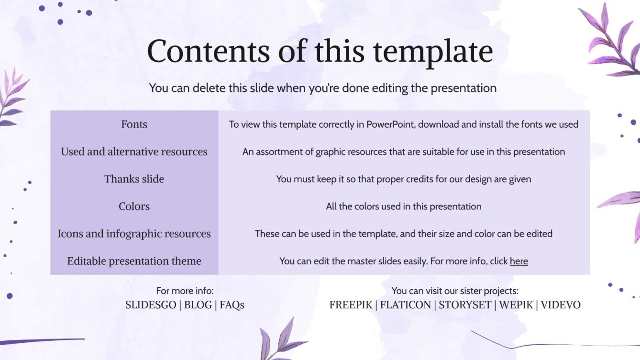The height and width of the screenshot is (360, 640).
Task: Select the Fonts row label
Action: pyautogui.click(x=134, y=124)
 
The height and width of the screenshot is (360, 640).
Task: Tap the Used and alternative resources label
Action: pyautogui.click(x=134, y=152)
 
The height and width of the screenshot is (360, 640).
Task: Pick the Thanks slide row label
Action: pyautogui.click(x=134, y=179)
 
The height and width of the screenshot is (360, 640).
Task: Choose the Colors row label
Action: pyautogui.click(x=134, y=206)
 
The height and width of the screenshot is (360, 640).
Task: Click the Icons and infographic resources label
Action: pyautogui.click(x=134, y=234)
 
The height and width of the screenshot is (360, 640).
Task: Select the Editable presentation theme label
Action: pyautogui.click(x=134, y=261)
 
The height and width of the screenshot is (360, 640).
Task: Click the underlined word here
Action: pyautogui.click(x=519, y=261)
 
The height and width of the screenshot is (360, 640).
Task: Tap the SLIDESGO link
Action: pyautogui.click(x=151, y=305)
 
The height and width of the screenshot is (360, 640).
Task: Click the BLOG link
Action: pyautogui.click(x=198, y=305)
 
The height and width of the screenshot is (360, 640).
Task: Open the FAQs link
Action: pyautogui.click(x=232, y=305)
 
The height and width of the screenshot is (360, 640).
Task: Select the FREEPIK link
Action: pyautogui.click(x=351, y=305)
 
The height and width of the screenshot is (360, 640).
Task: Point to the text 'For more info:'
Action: pyautogui.click(x=185, y=291)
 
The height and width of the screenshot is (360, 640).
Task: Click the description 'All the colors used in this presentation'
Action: pyautogui.click(x=404, y=207)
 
